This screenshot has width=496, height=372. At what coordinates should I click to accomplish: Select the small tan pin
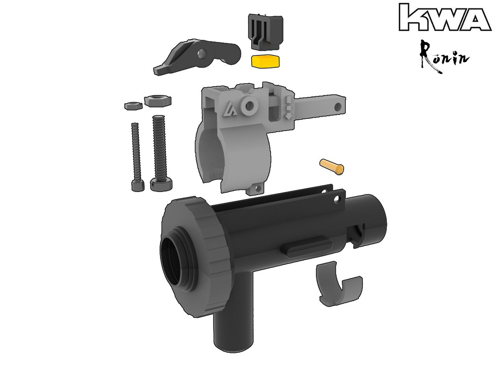click(332, 166)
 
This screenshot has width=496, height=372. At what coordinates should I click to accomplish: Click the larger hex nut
click(158, 100)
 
